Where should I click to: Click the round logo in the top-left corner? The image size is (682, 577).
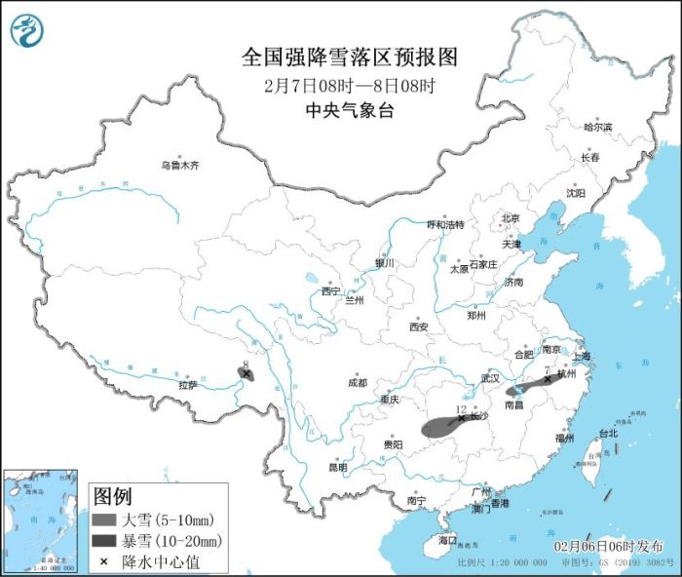pos(27,31)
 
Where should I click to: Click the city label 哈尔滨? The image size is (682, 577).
pos(598,128)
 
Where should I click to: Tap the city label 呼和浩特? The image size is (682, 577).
pos(446,224)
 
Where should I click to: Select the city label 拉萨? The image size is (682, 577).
pos(188,385)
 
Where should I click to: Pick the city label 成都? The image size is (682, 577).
pos(357,383)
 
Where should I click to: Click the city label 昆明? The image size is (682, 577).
pos(337,467)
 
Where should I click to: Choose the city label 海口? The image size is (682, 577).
pos(447,539)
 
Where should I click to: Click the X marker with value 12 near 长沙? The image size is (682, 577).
pos(461,417)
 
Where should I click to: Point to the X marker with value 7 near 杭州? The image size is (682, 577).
pos(547,379)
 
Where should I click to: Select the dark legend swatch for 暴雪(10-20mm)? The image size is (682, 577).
pos(105,540)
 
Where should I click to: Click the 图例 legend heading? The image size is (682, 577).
pos(113,496)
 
